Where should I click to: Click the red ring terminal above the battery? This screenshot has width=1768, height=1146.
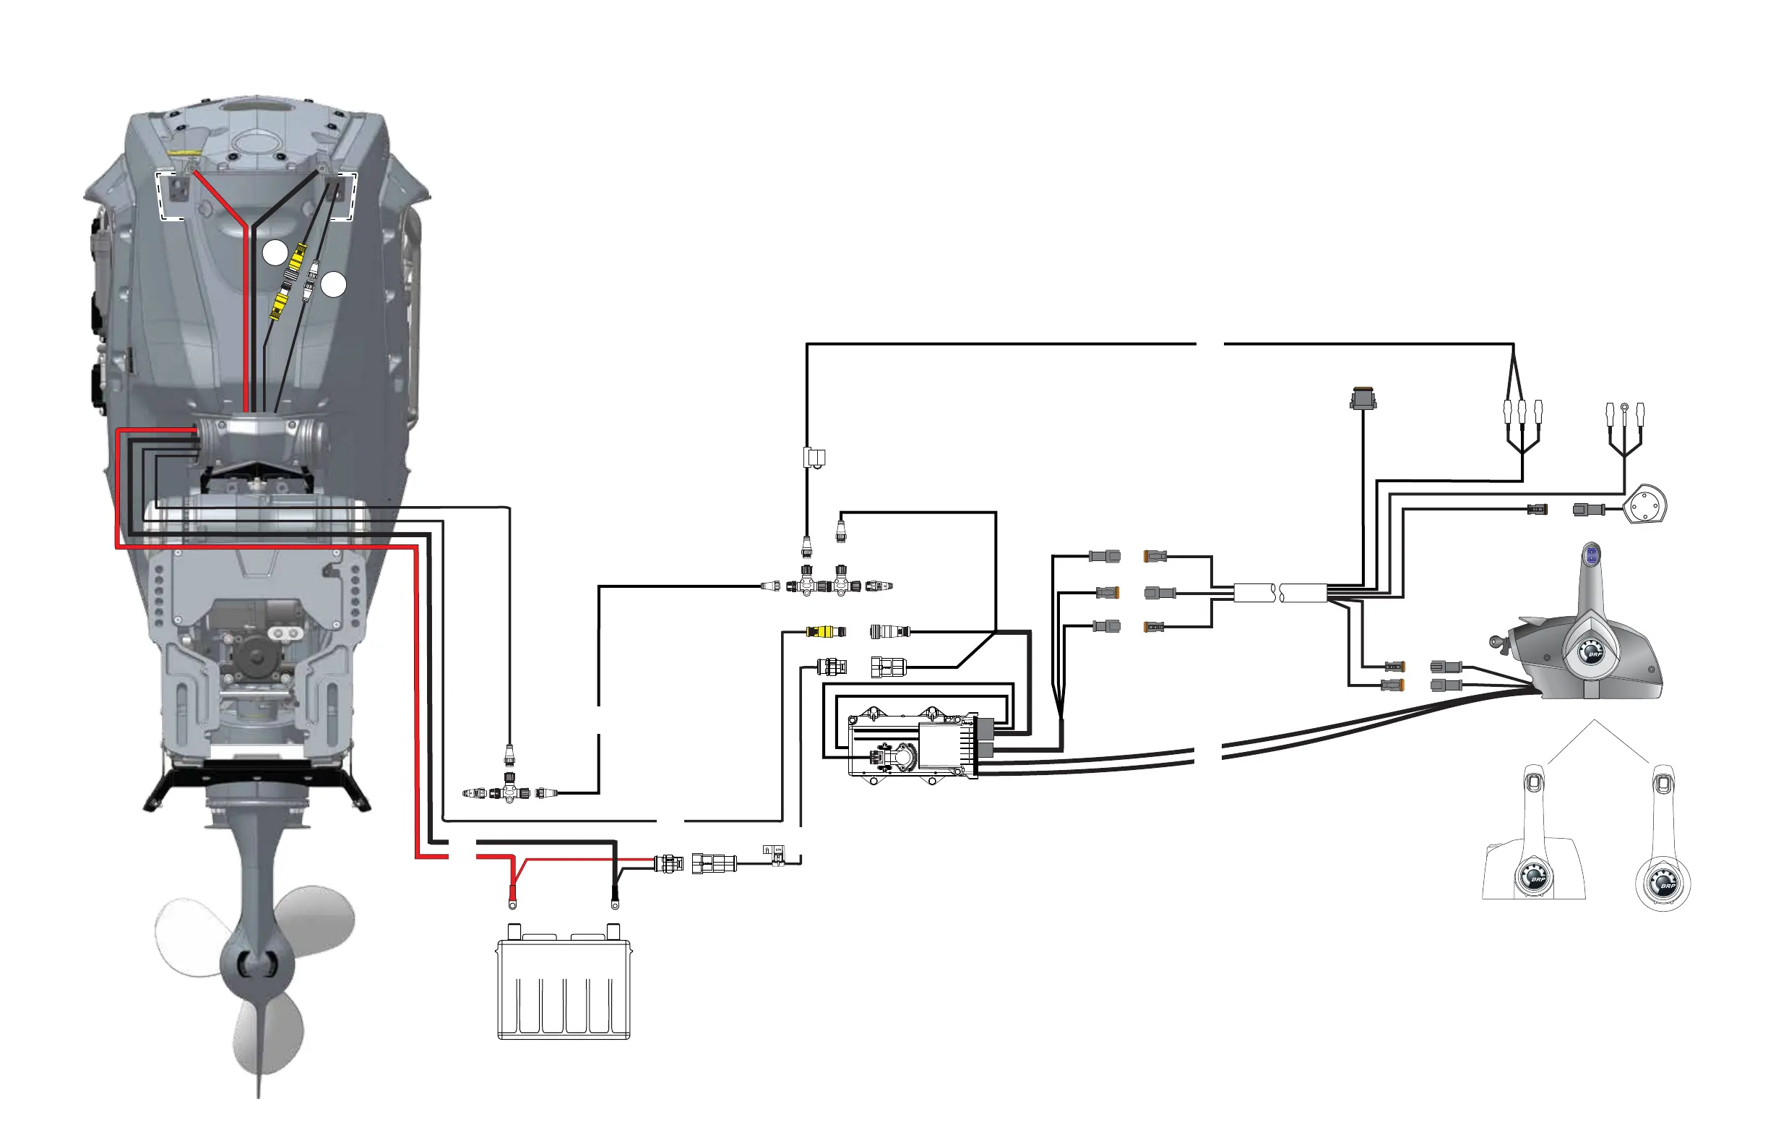512,903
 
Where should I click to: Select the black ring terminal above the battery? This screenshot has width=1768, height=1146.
615,903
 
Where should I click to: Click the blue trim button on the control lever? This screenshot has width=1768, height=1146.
1591,555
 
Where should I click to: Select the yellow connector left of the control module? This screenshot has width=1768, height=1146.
824,632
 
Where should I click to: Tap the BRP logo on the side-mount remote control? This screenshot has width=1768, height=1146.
1592,654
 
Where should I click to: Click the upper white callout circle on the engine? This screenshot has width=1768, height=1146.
275,252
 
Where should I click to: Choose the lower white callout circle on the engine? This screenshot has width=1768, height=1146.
334,284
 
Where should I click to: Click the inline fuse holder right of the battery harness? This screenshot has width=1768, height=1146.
776,856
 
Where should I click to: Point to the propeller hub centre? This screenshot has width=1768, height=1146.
256,962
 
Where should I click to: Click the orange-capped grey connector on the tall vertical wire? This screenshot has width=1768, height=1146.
1363,399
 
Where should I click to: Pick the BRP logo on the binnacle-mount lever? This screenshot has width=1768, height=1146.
1537,879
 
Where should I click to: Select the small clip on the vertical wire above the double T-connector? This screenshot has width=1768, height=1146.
814,458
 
